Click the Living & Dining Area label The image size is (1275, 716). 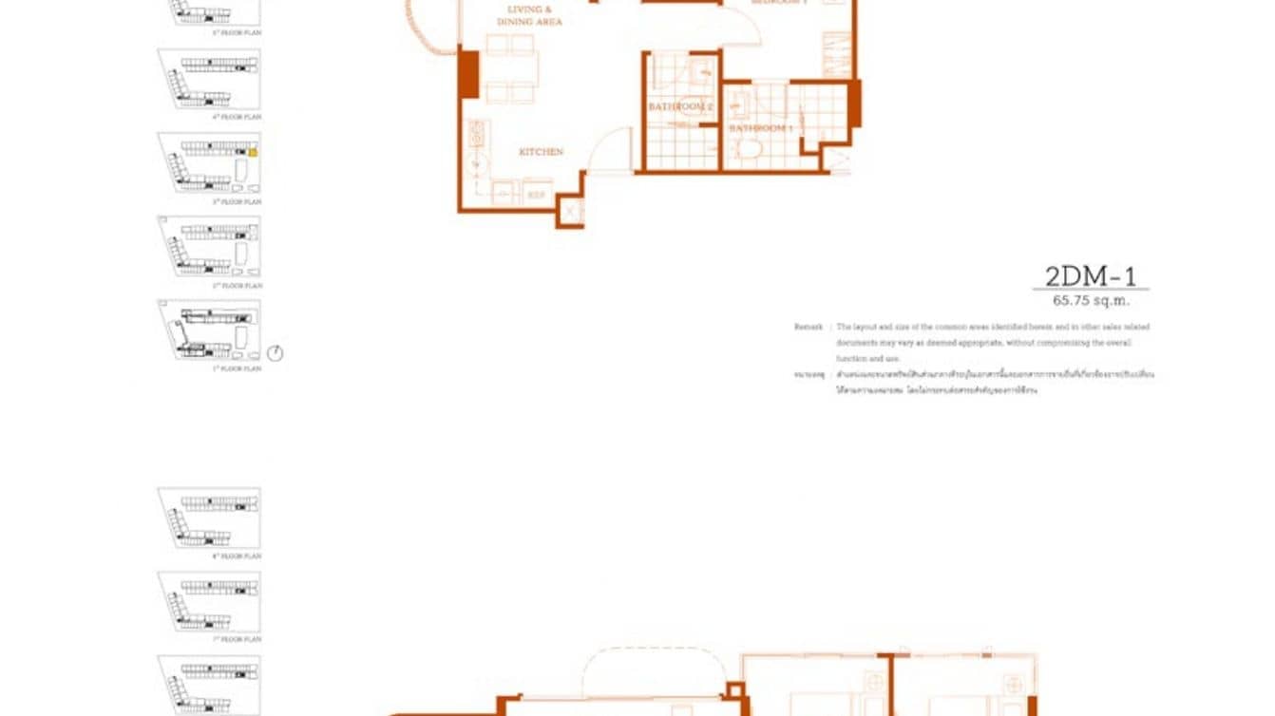[529, 15]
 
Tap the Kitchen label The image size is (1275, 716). [541, 152]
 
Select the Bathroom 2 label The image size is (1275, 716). [680, 107]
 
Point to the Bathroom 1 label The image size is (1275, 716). [760, 128]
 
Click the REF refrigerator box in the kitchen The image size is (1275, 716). [536, 195]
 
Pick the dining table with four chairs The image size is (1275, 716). [511, 68]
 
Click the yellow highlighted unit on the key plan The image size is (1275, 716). [253, 151]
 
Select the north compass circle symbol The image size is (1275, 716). [275, 353]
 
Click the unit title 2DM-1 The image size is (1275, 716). [1090, 276]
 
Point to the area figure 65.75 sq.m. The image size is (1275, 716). [1091, 301]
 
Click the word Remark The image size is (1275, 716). [809, 327]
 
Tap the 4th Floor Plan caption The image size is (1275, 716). [237, 117]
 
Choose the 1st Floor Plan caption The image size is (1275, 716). [237, 368]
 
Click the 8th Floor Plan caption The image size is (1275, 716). [237, 556]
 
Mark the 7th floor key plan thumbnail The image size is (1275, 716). [209, 601]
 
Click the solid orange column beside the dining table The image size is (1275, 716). [468, 74]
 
